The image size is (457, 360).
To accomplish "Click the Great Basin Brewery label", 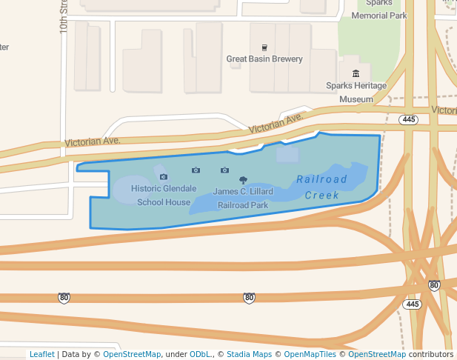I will click(x=264, y=59).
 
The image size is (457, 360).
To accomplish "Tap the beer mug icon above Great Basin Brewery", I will click(x=264, y=47).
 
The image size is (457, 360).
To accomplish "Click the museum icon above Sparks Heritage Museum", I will click(x=356, y=73).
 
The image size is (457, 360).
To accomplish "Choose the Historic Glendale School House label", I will click(x=164, y=195).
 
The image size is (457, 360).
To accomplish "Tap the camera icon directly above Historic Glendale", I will click(x=164, y=176).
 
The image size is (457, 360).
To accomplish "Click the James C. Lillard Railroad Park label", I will click(x=243, y=198).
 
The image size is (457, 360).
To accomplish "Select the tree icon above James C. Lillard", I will click(x=243, y=179).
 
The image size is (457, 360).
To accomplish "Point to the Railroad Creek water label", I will click(x=322, y=187).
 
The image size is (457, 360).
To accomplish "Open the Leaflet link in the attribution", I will click(x=41, y=354).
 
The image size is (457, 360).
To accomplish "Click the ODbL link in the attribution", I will click(x=201, y=354).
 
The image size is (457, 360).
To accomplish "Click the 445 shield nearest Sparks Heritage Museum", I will click(x=408, y=119).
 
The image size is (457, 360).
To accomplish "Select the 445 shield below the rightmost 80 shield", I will click(x=413, y=304).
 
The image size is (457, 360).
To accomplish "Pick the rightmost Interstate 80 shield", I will click(x=434, y=285).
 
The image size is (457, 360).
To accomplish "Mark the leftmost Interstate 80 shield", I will click(x=64, y=298).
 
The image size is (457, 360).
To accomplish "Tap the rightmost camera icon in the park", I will click(x=224, y=170).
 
